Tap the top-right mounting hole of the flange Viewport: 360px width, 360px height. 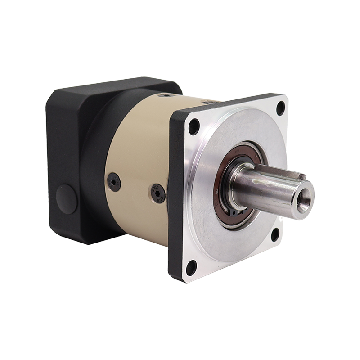click(281, 107)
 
